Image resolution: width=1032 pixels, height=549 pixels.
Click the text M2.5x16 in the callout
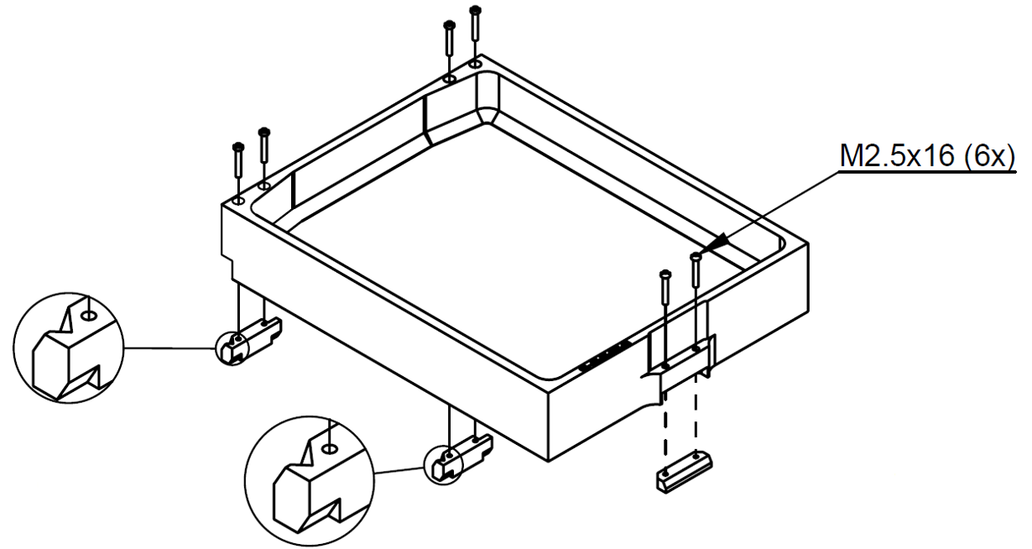pos(897,156)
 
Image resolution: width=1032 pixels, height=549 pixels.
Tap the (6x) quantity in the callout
pos(989,157)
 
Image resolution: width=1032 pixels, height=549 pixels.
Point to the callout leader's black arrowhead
pos(717,243)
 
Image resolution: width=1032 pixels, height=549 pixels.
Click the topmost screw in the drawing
pos(475,23)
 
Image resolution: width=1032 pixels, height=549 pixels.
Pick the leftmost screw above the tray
pos(238,160)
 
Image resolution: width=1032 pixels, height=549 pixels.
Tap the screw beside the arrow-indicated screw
pos(665,287)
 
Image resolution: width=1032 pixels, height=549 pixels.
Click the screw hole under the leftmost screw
pos(238,201)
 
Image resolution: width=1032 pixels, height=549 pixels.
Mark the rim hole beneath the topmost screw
pos(476,63)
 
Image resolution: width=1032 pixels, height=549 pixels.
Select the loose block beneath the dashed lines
pos(684,473)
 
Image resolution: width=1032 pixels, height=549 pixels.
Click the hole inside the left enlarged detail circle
pos(90,316)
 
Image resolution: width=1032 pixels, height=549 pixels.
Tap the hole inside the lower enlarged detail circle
pos(329,448)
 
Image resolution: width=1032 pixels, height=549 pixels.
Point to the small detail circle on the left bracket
pos(232,348)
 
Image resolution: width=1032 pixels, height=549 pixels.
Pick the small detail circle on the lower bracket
pos(442,465)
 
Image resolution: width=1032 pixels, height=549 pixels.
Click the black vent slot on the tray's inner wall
pos(605,356)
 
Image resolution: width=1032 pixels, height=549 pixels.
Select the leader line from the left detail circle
pos(170,348)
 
